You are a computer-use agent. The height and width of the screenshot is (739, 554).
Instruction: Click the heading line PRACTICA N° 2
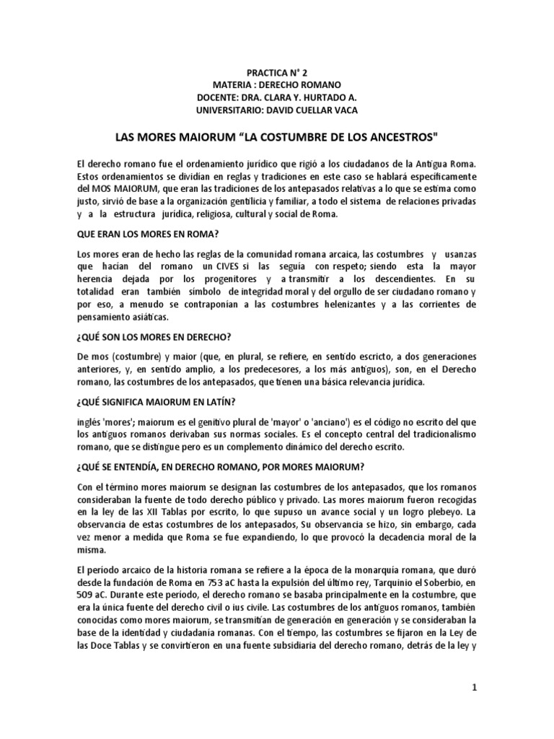[277, 73]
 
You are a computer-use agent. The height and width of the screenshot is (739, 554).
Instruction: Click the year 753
[229, 582]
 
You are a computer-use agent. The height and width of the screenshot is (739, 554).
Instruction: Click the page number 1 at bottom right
[475, 688]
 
